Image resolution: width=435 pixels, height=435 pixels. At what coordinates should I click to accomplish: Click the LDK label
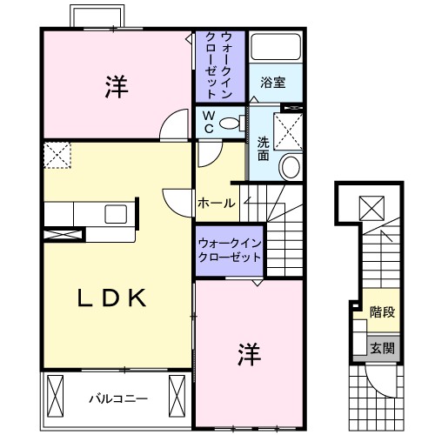110,298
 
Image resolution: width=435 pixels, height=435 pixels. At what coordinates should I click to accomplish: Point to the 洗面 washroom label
263,149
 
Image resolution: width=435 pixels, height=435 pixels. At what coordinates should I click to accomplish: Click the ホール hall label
216,203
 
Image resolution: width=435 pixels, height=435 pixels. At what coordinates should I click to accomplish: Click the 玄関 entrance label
382,347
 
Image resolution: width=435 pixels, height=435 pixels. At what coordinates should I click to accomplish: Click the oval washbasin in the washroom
291,165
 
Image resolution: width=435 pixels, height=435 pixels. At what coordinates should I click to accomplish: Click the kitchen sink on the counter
117,212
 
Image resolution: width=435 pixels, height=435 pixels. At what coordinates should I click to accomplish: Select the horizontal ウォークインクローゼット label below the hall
230,251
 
